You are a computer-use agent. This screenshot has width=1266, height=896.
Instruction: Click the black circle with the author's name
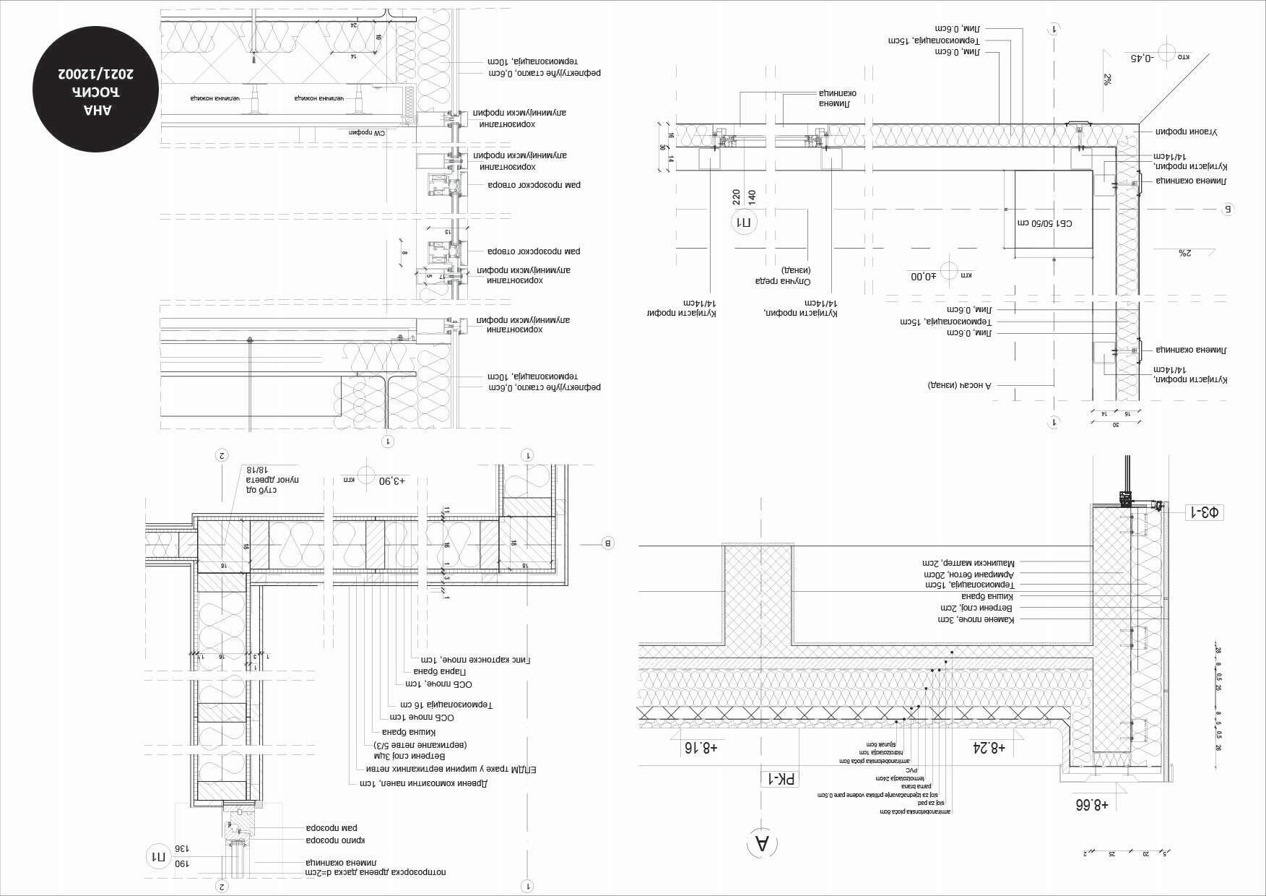[x=95, y=90]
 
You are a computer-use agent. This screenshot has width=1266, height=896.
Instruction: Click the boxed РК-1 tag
[x=781, y=779]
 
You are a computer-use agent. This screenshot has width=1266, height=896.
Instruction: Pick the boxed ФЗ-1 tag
[x=1204, y=512]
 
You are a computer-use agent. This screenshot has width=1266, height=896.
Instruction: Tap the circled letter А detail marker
[x=762, y=843]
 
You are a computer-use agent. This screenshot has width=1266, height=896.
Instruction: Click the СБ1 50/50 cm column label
[x=1054, y=223]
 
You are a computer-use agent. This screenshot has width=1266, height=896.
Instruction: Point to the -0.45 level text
[x=1141, y=58]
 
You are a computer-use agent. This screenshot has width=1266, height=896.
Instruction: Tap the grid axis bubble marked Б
[x=1227, y=210]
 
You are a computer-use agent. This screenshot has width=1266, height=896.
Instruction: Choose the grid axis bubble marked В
[x=607, y=543]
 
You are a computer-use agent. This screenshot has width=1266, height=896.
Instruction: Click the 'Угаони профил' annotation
[x=1187, y=132]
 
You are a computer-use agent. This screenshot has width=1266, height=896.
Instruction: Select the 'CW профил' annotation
[x=365, y=133]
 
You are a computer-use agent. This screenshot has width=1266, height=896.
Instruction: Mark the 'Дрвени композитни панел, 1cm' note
[x=424, y=783]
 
